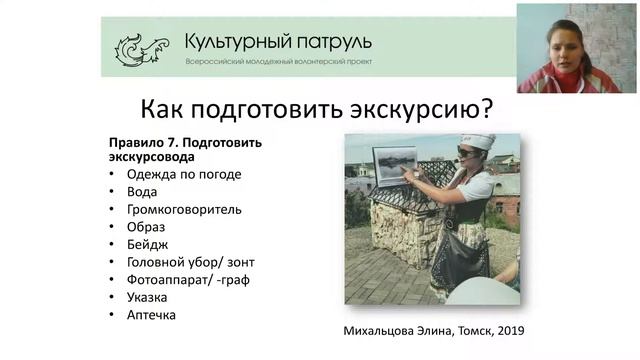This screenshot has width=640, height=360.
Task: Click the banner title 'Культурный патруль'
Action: pyautogui.click(x=277, y=42)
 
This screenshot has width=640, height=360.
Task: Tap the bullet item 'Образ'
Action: pyautogui.click(x=146, y=227)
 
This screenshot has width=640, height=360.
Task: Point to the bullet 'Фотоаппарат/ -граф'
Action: pyautogui.click(x=188, y=279)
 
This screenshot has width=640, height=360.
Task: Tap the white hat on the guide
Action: pyautogui.click(x=477, y=141)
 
